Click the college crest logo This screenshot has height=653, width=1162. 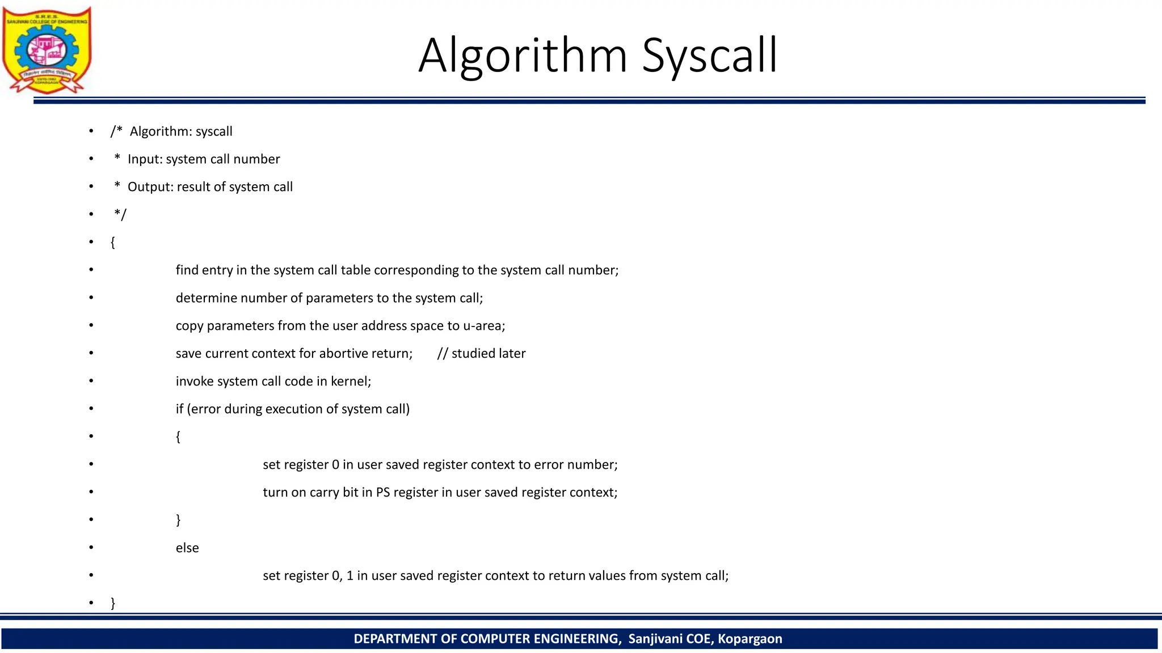click(47, 50)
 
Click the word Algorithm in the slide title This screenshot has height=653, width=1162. click(523, 56)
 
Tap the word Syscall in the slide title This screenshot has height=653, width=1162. click(709, 56)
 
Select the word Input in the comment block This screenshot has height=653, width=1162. click(144, 159)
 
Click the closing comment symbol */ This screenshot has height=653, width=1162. click(120, 215)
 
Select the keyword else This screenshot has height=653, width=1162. click(187, 548)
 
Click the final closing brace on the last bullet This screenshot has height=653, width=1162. click(113, 603)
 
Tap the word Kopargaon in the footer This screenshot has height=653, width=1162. click(750, 639)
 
